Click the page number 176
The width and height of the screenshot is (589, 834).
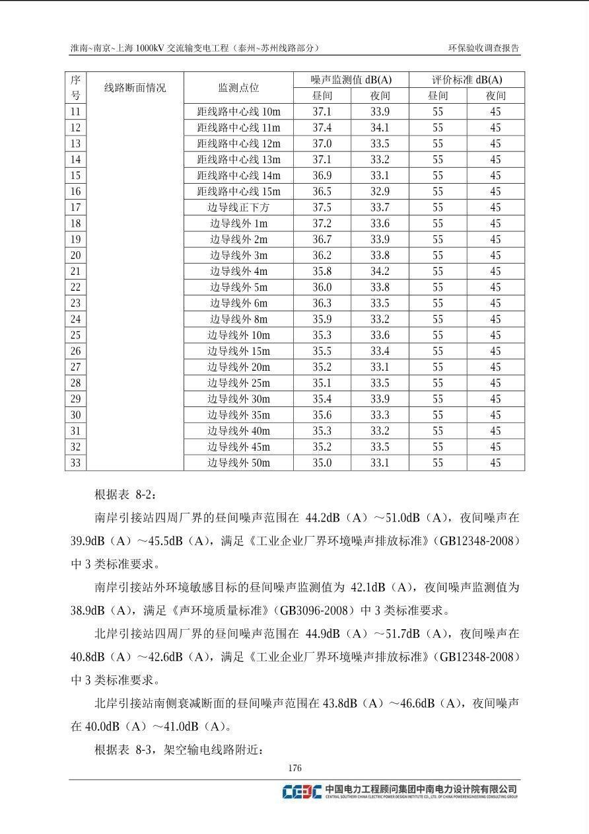(294, 768)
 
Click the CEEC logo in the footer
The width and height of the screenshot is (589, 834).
(302, 791)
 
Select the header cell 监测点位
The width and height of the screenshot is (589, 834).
(238, 88)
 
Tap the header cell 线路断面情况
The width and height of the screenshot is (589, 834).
(135, 88)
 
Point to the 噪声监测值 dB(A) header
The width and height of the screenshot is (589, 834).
(351, 80)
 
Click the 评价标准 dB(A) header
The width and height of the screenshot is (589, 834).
(467, 80)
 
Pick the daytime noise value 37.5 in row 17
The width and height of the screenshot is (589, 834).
(322, 208)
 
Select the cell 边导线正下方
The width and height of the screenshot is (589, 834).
(238, 208)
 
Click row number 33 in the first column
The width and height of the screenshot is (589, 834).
(75, 463)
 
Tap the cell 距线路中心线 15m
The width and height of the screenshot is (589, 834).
(238, 192)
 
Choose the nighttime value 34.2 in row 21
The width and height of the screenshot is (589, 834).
(380, 271)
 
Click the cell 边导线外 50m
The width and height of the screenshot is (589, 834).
(238, 463)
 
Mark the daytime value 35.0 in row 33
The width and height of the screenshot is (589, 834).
(322, 463)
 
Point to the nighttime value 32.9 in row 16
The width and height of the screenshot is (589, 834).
(380, 192)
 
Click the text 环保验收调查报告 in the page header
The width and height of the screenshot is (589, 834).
(484, 48)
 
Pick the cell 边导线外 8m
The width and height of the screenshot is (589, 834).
(238, 319)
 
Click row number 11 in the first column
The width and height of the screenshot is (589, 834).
(75, 112)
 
